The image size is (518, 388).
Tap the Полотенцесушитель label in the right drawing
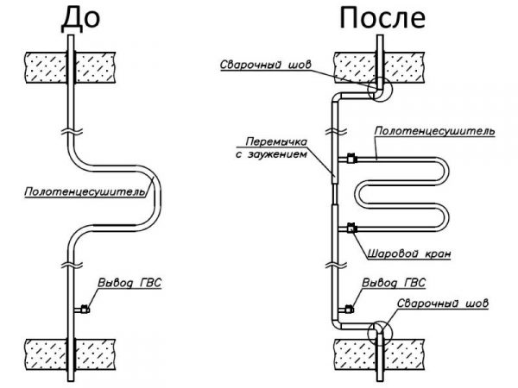[434, 132]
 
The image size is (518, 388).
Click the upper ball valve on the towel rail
[351, 159]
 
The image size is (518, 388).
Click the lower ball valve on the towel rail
[351, 228]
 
